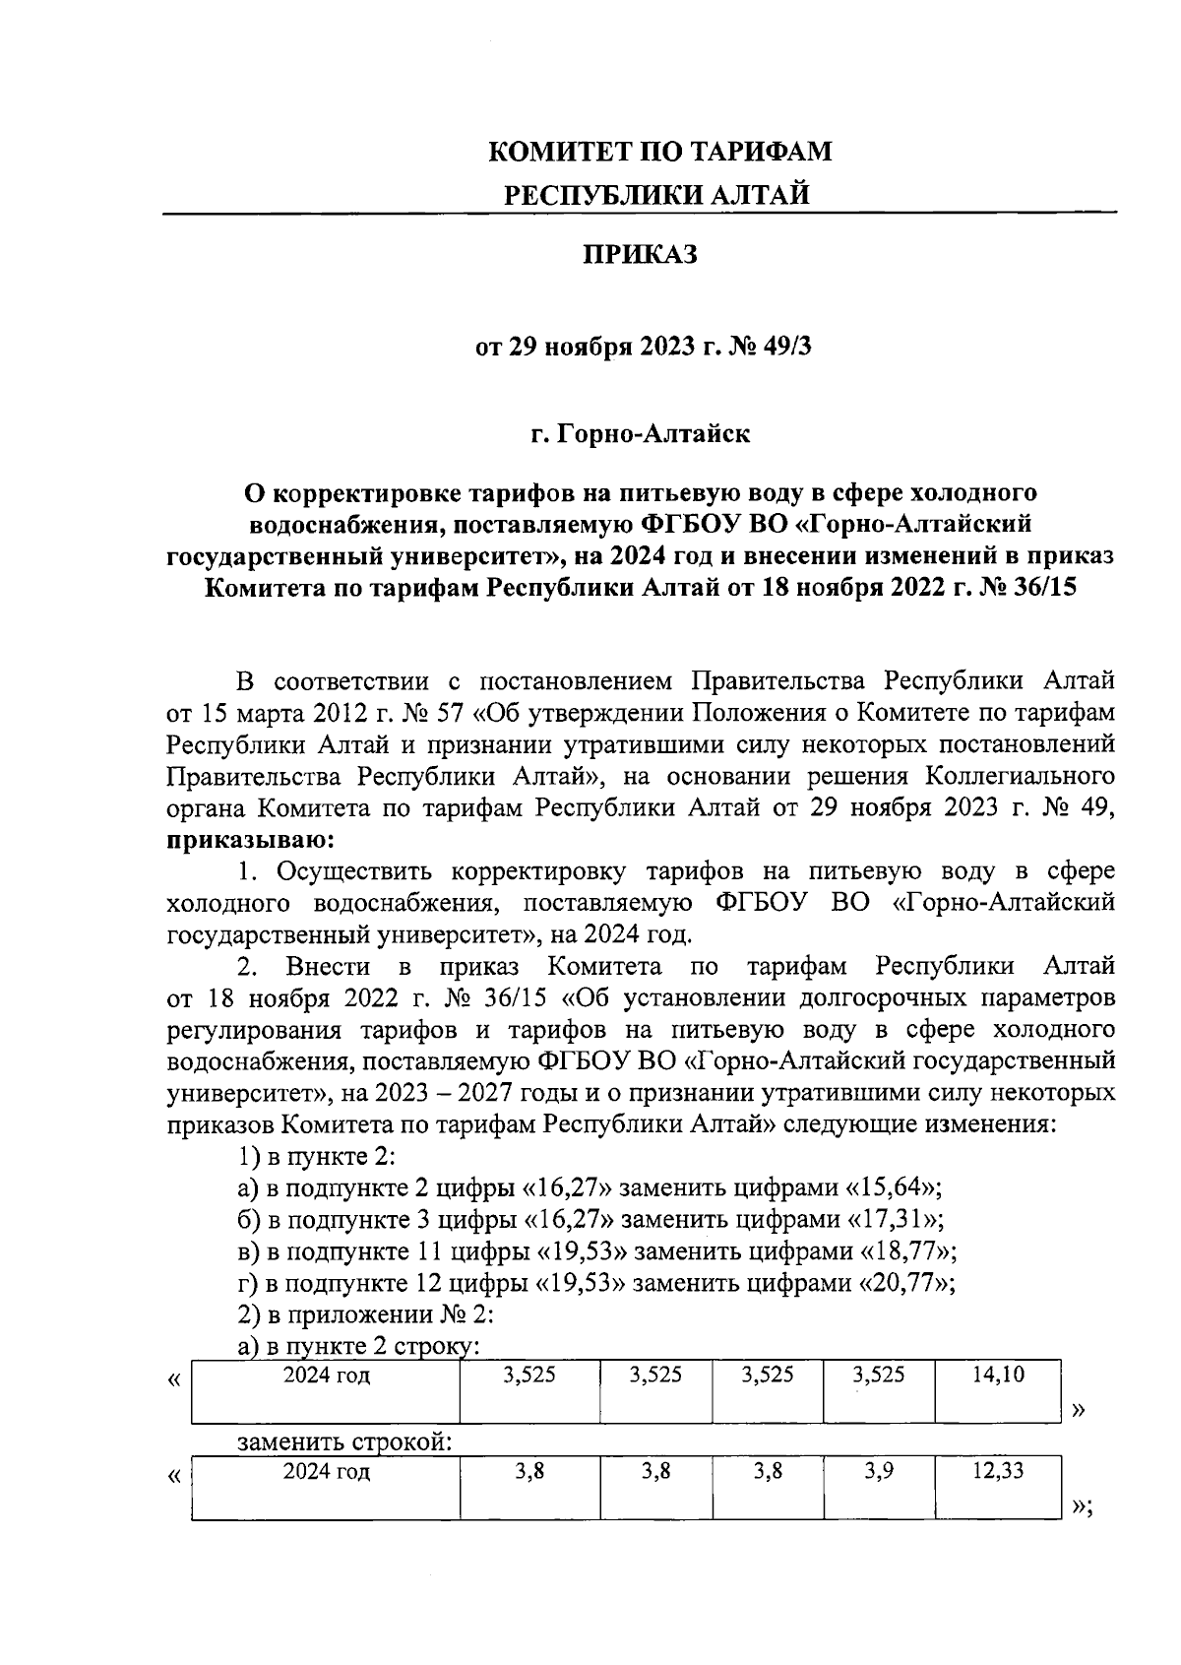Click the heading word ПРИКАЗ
pyautogui.click(x=640, y=256)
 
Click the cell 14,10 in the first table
pyautogui.click(x=997, y=1375)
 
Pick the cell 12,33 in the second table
pyautogui.click(x=997, y=1471)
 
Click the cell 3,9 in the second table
pyautogui.click(x=878, y=1471)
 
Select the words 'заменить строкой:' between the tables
pyautogui.click(x=344, y=1443)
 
